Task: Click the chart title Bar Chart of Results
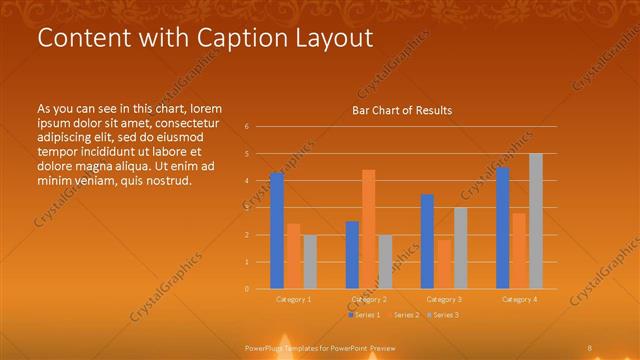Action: (401, 110)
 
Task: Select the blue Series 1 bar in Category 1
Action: (277, 231)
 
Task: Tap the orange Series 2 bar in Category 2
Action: (368, 230)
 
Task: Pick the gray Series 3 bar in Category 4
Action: (535, 221)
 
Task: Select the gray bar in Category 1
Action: (310, 262)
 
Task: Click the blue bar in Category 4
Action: (502, 228)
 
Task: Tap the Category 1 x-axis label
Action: (293, 299)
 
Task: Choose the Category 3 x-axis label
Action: (444, 299)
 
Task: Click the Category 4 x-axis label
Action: (519, 299)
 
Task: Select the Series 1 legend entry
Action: (364, 315)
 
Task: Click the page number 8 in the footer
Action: (589, 347)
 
